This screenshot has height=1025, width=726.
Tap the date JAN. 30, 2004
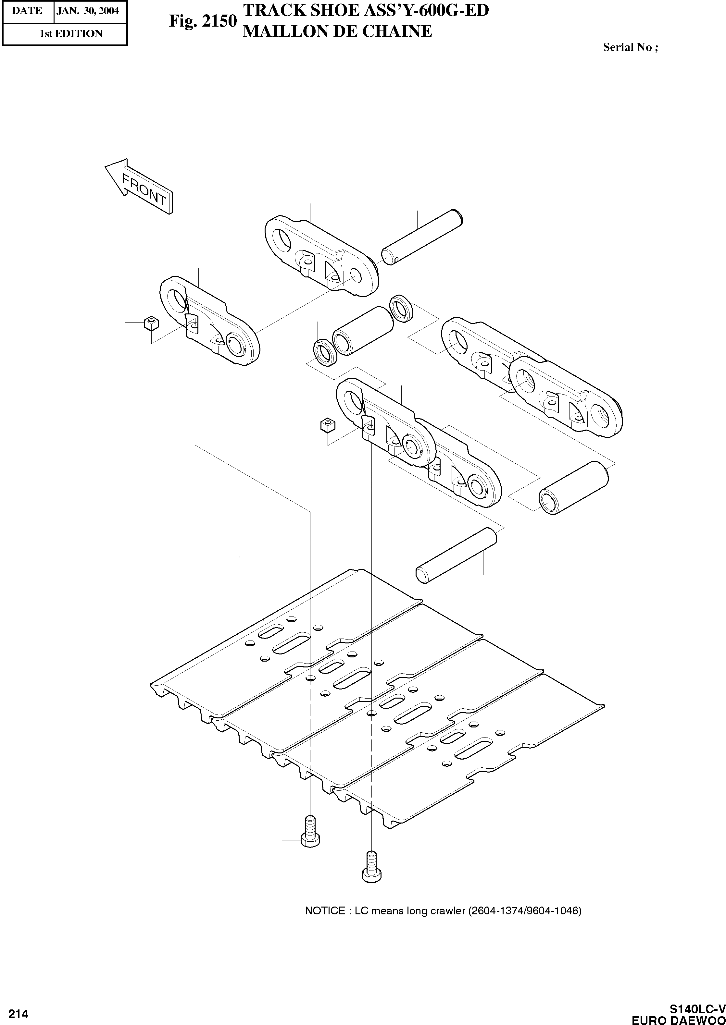tap(88, 11)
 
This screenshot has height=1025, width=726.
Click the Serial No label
tap(630, 47)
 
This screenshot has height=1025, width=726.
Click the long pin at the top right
tap(421, 238)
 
